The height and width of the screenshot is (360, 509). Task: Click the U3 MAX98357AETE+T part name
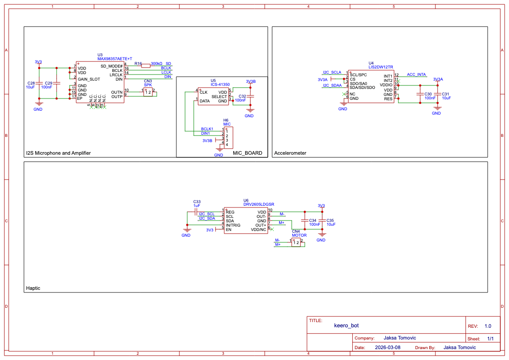[x=114, y=58]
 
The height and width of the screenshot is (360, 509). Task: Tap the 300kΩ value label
[x=156, y=64]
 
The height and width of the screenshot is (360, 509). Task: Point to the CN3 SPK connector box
[x=148, y=92]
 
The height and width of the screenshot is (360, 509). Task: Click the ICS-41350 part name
[x=220, y=84]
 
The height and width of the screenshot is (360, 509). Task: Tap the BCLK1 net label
[x=207, y=129]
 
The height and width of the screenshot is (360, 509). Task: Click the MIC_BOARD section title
[x=247, y=153]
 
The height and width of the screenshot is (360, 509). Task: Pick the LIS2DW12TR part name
[x=381, y=67]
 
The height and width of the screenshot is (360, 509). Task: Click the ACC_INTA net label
[x=416, y=75]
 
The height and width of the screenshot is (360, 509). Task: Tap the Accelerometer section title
[x=290, y=153]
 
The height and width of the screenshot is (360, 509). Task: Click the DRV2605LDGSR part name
[x=259, y=204]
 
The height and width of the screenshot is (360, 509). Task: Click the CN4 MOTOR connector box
[x=296, y=243]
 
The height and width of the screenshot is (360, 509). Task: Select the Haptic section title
[x=33, y=288]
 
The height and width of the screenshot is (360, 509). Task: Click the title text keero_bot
[x=346, y=325]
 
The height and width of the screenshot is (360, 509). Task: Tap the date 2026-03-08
[x=388, y=347]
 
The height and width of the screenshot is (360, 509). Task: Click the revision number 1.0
[x=488, y=326]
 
